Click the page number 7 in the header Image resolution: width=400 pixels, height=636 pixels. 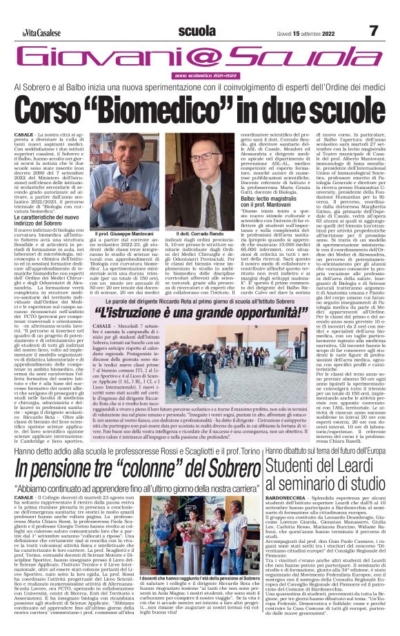[373, 30]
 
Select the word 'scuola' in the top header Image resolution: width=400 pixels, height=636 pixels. [197, 30]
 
